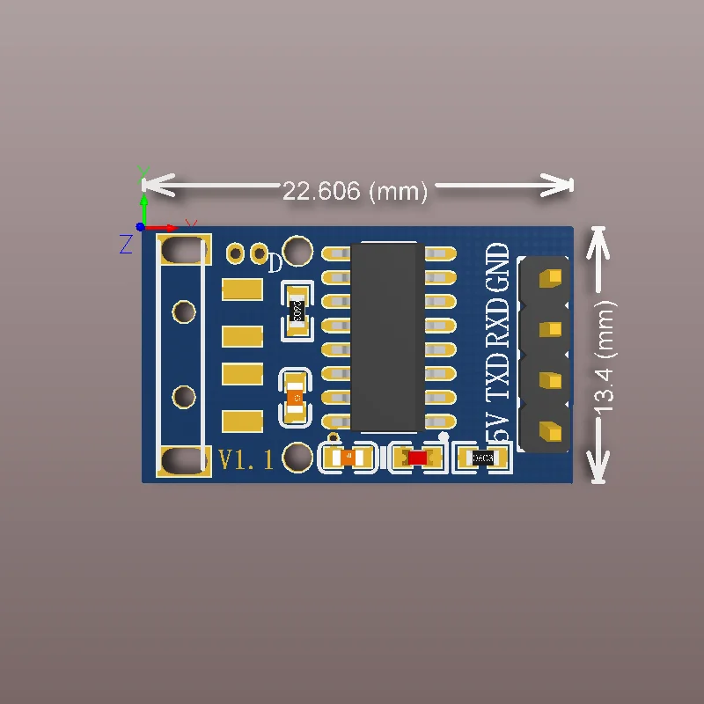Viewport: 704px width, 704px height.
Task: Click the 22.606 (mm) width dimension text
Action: (355, 190)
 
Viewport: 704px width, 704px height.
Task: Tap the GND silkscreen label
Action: (498, 268)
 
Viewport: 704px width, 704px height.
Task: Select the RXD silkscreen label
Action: (498, 321)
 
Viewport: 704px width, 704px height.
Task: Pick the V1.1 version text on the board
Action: (246, 458)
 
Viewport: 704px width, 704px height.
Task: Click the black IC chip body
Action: (386, 336)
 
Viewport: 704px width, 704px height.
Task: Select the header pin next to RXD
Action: (551, 329)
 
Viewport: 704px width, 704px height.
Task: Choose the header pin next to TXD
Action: (551, 380)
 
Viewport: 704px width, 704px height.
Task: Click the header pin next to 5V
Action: (551, 431)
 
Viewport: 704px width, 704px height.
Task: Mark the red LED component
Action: (417, 458)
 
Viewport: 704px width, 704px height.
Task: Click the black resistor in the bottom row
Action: (482, 458)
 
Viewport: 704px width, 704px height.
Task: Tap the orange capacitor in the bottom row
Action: (348, 458)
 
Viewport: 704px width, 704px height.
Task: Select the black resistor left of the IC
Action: (297, 311)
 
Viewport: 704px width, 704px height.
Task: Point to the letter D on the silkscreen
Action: (275, 262)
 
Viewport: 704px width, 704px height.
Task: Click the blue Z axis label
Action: (126, 244)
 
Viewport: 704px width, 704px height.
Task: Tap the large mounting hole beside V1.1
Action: (299, 457)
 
